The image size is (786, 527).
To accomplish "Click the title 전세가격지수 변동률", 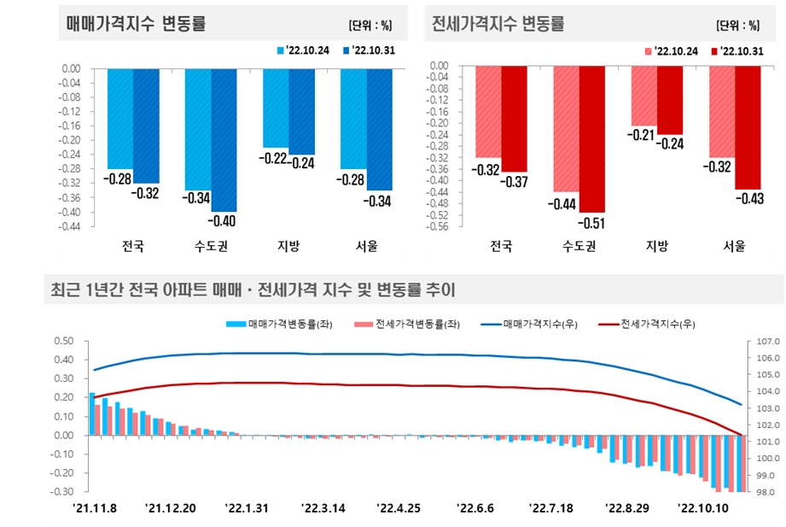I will tap(498, 24).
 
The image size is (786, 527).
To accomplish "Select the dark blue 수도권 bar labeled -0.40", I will tap(224, 139).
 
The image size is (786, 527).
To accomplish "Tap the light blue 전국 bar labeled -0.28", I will tap(120, 119).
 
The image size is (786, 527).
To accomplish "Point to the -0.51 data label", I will tap(591, 223).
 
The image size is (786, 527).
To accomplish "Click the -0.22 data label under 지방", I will tap(274, 158).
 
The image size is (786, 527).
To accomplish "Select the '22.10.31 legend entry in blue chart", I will tap(368, 51).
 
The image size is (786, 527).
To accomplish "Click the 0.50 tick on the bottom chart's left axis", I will tap(63, 341).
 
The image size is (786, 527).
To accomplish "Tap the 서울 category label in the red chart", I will tap(734, 247).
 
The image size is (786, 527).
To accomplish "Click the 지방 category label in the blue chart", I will tap(288, 247).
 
